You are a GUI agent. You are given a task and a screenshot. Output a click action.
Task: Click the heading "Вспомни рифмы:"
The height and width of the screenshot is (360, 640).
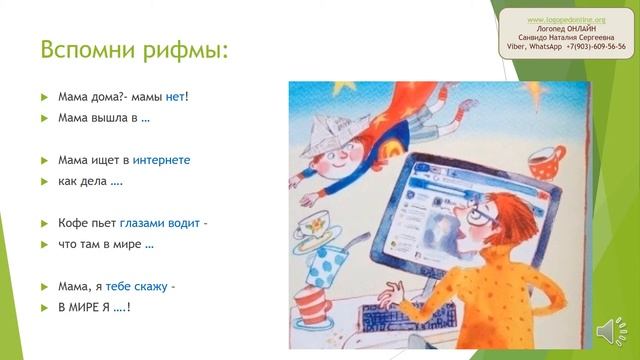click(x=132, y=49)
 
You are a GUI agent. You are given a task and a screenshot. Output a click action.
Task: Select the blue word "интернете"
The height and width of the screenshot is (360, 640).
click(x=160, y=159)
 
